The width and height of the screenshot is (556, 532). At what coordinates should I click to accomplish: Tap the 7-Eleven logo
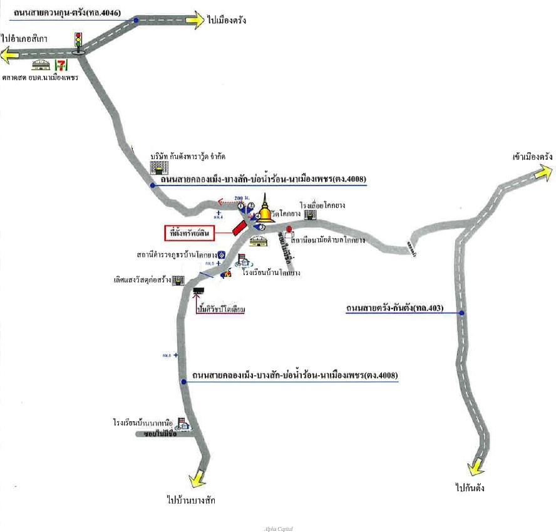click(x=61, y=65)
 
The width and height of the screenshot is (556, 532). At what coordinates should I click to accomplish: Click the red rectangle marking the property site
click(x=239, y=227)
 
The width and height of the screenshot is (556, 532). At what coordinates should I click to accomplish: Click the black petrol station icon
click(x=199, y=291)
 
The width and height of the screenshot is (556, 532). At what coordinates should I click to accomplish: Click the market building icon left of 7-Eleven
click(x=42, y=65)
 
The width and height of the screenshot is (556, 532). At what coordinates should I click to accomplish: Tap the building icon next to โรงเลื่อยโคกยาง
click(x=310, y=214)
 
